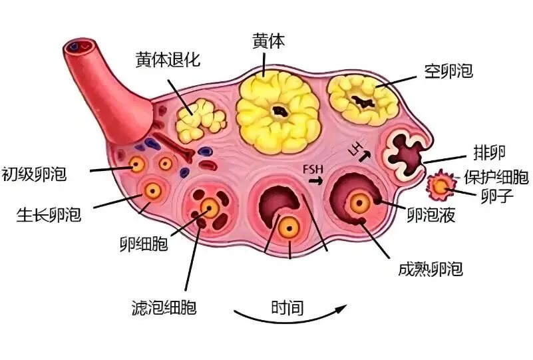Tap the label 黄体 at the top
[268, 41]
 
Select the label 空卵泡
[448, 71]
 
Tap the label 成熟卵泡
[429, 270]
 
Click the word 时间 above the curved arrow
[287, 308]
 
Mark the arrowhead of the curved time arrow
[343, 308]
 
